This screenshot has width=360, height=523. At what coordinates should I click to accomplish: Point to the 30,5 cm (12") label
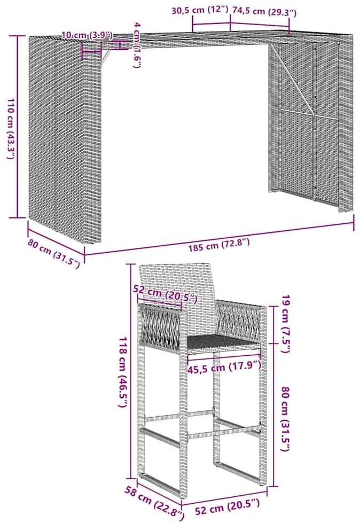click(199, 10)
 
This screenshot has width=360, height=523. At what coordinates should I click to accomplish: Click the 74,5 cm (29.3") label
click(264, 11)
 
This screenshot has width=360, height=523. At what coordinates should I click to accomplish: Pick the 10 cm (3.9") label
click(87, 35)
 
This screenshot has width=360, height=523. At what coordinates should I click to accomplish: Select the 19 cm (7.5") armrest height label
click(286, 324)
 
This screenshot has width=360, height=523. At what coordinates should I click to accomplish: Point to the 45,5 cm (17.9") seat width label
click(224, 368)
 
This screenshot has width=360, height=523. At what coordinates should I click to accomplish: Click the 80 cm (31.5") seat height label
click(286, 419)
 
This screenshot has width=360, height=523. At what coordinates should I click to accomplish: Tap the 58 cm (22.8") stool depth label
click(154, 504)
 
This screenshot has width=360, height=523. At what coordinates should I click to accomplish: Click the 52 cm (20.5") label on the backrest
click(166, 294)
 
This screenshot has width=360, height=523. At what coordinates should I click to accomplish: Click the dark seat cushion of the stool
click(223, 342)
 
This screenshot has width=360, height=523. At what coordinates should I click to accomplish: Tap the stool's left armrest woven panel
click(160, 325)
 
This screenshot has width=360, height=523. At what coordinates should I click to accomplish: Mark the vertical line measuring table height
click(18, 127)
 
